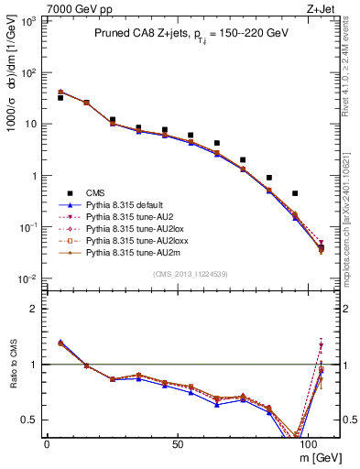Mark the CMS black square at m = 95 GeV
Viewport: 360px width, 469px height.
coord(295,193)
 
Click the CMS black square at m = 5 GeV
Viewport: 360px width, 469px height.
coord(60,97)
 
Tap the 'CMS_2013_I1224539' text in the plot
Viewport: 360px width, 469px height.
coord(190,273)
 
